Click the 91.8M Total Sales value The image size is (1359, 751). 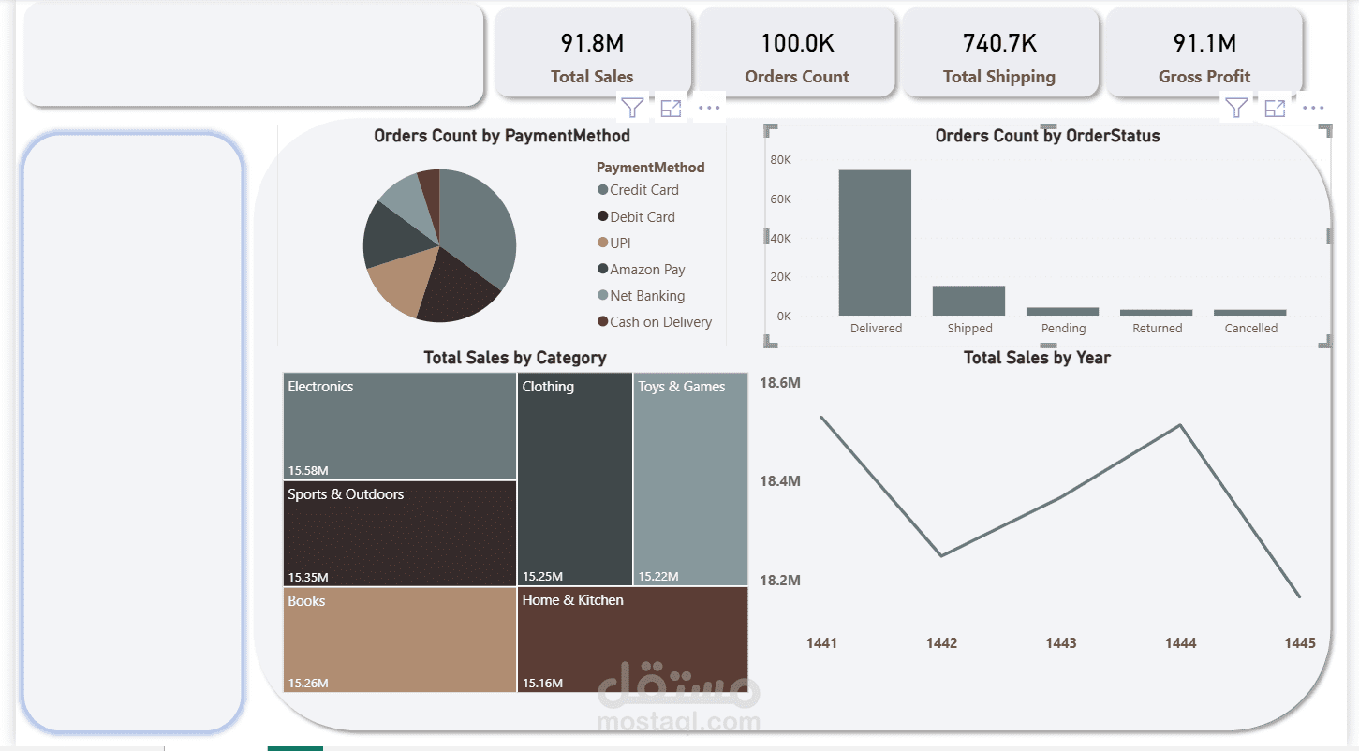(x=592, y=43)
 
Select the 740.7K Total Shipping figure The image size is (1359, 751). (x=999, y=43)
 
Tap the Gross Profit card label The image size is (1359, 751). (x=1204, y=77)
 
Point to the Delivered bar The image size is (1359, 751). (x=875, y=243)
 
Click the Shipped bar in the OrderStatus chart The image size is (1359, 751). (x=968, y=301)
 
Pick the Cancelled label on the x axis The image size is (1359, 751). (x=1250, y=329)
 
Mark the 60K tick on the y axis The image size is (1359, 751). (x=781, y=199)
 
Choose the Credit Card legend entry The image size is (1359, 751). (x=643, y=190)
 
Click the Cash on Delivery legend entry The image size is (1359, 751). (x=660, y=322)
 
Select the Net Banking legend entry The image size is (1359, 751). (x=647, y=296)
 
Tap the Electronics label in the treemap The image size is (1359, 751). (x=320, y=387)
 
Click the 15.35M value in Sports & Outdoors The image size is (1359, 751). (x=308, y=577)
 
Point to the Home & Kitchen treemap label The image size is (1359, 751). (x=572, y=600)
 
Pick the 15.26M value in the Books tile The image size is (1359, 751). (x=308, y=684)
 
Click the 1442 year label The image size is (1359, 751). (x=941, y=643)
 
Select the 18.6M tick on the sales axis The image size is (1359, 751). (x=779, y=383)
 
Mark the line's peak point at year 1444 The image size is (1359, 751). (x=1181, y=425)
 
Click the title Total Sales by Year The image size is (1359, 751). (x=1037, y=358)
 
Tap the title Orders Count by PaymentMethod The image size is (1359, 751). (x=501, y=136)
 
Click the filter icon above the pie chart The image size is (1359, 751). (x=633, y=108)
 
